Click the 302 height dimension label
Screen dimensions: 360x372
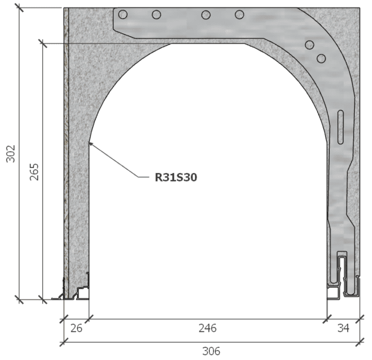pyautogui.click(x=11, y=154)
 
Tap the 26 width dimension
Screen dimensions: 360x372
pyautogui.click(x=77, y=328)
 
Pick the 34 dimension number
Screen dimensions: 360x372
pyautogui.click(x=343, y=328)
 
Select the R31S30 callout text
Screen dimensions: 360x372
pyautogui.click(x=176, y=178)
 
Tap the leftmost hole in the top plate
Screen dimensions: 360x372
pyautogui.click(x=123, y=14)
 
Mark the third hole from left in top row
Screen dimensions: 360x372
pyautogui.click(x=206, y=14)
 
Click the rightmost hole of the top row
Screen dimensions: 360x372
pyautogui.click(x=239, y=14)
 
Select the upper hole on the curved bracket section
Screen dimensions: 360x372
pyautogui.click(x=310, y=45)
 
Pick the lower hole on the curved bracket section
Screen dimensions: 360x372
pyautogui.click(x=320, y=58)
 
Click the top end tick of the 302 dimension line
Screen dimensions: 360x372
pyautogui.click(x=20, y=8)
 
